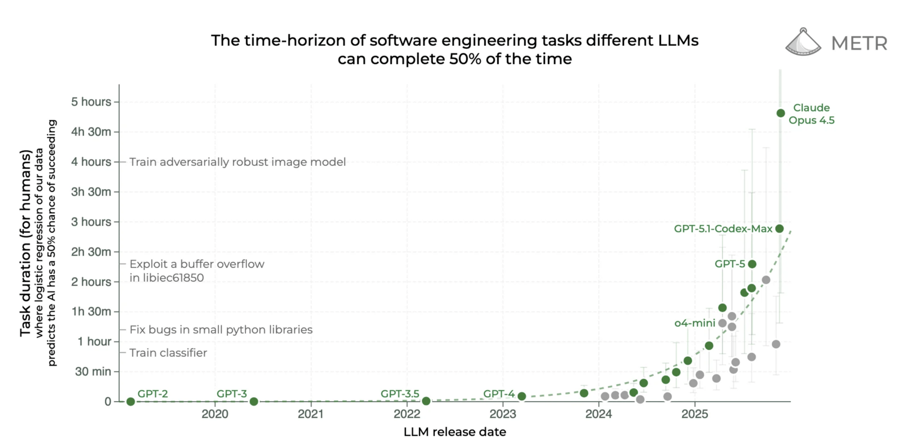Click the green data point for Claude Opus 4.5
(x=780, y=113)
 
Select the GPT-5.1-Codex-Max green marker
(x=779, y=229)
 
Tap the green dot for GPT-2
(x=131, y=401)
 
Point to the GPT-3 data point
(x=254, y=401)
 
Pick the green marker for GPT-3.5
(x=426, y=401)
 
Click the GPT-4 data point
(x=522, y=396)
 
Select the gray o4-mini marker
(x=722, y=323)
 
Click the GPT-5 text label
(x=729, y=264)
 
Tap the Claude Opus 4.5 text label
(x=811, y=114)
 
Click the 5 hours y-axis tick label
(x=91, y=102)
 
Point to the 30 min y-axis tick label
(x=93, y=372)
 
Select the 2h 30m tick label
(x=91, y=252)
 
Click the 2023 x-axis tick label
(x=503, y=414)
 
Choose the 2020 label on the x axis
(x=215, y=414)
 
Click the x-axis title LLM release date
(x=455, y=432)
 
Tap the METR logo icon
(x=803, y=42)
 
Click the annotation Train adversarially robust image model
(x=237, y=162)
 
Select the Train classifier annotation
(x=168, y=353)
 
